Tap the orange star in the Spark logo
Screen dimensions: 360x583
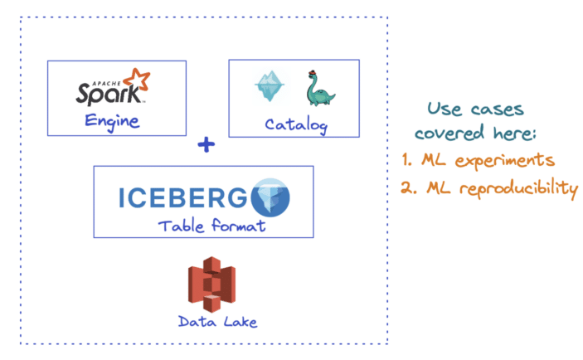(139, 80)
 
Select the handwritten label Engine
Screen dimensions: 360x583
(111, 122)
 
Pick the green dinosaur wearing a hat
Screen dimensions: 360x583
(318, 90)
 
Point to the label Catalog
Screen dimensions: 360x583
(295, 125)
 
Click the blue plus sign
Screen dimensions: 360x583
(206, 145)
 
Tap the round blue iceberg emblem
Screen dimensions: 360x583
(270, 197)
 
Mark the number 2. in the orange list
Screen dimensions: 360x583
(407, 187)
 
